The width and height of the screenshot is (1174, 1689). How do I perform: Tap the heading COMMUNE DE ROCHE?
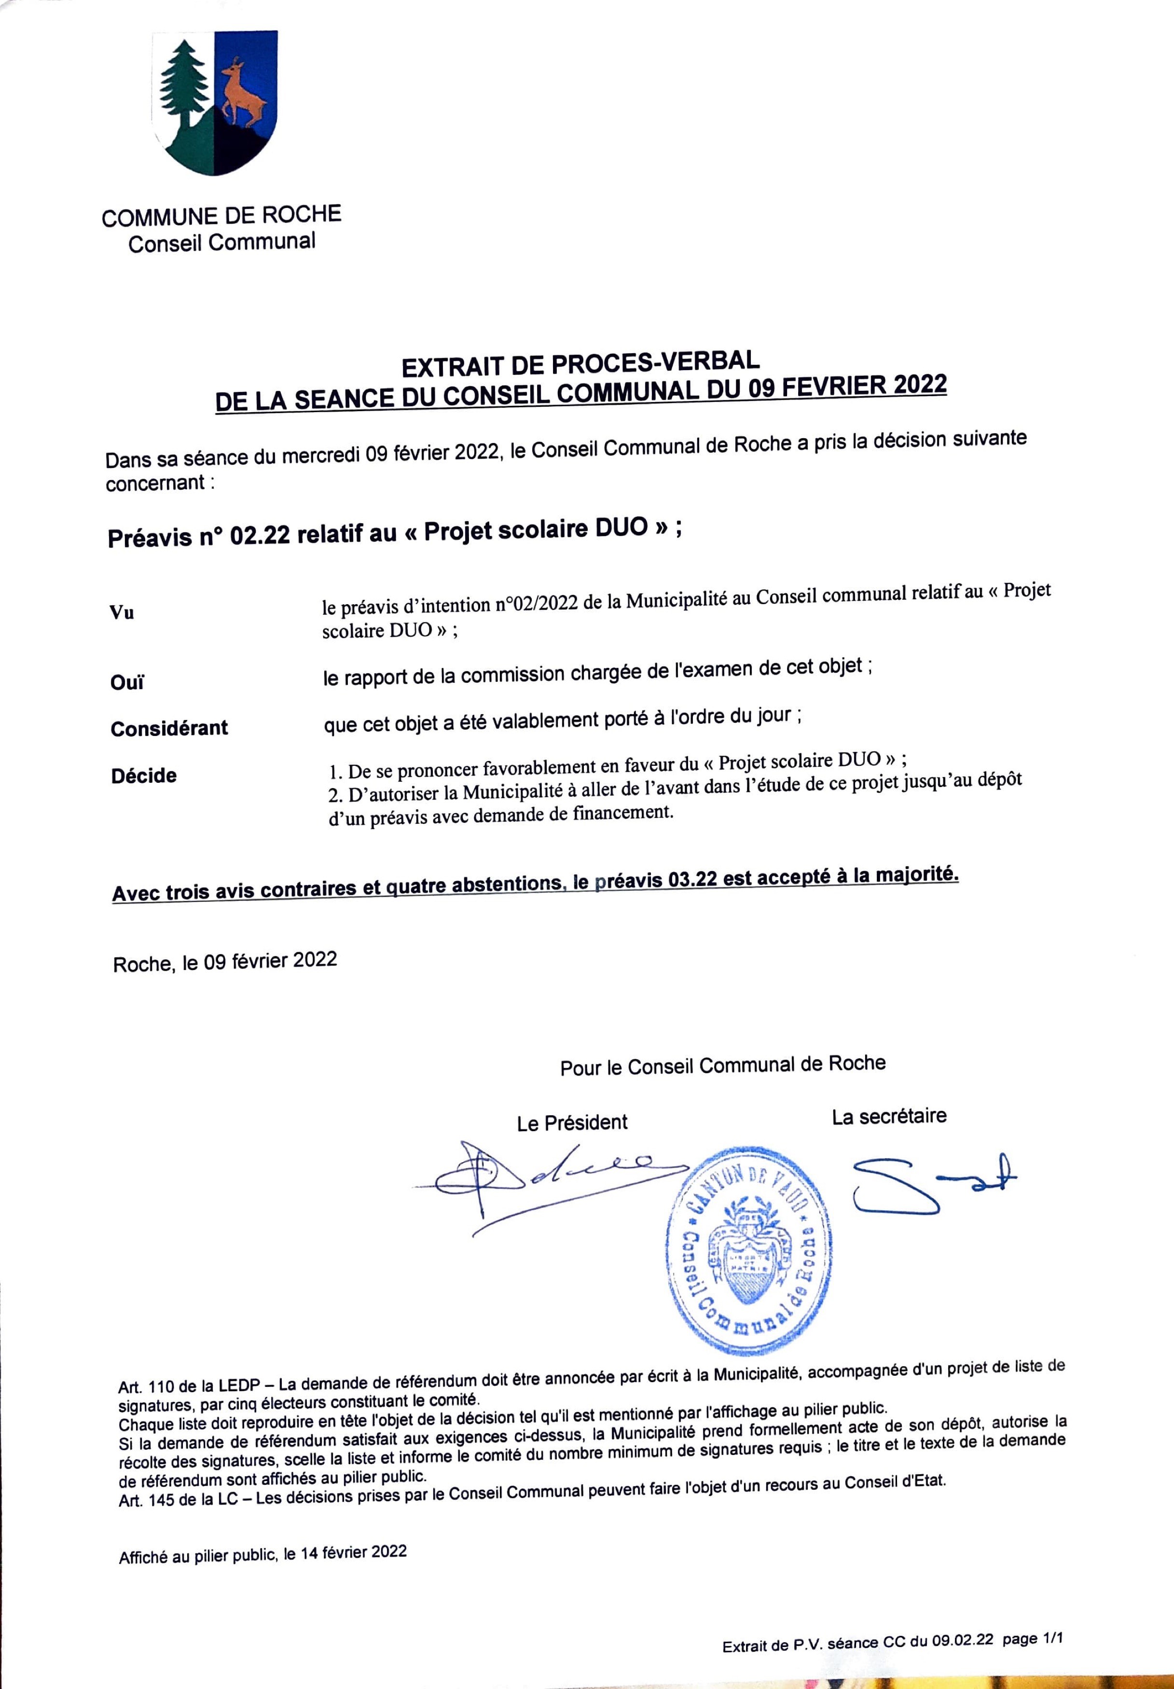pos(221,216)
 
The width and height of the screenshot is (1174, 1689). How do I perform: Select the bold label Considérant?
pos(169,728)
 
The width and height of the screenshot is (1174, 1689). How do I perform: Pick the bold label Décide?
pos(144,775)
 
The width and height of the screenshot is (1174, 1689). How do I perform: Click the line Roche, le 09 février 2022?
pos(225,962)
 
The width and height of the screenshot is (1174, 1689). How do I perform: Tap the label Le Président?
pos(572,1122)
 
